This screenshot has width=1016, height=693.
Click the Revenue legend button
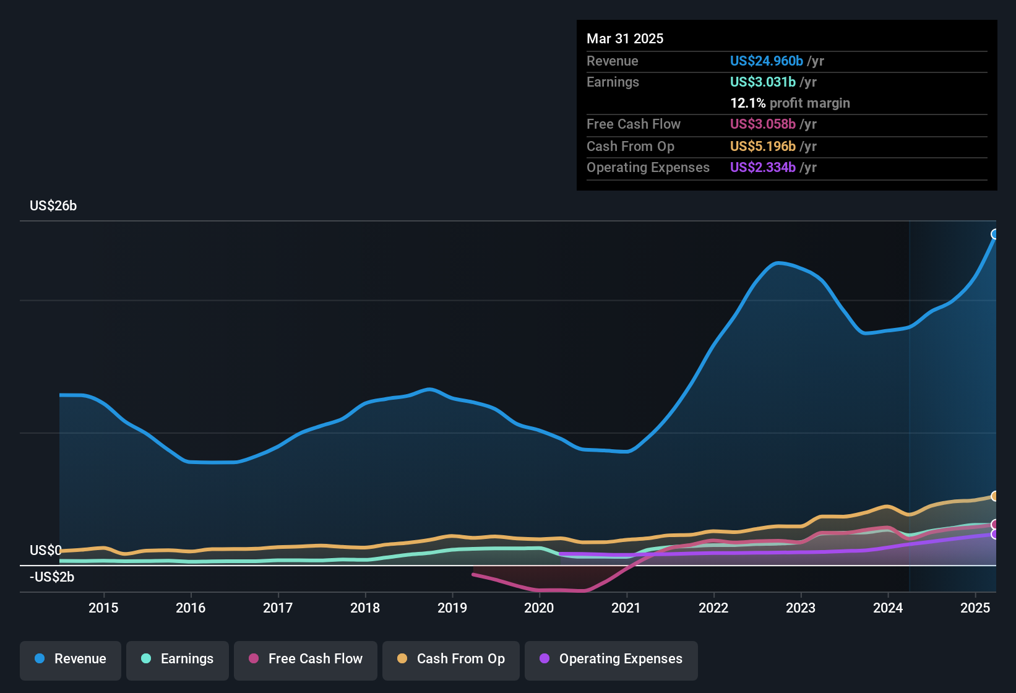coord(71,659)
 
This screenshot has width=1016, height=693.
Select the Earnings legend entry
coord(178,659)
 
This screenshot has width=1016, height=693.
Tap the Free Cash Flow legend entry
coord(306,659)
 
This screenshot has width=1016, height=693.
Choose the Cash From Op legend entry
coord(451,659)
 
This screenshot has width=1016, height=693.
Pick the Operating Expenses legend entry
coord(611,659)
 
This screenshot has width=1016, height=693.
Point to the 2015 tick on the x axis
coord(103,608)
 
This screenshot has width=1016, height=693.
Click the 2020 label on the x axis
coord(539,608)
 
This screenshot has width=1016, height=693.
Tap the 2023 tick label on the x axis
coord(801,608)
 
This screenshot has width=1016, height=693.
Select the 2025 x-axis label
coord(975,608)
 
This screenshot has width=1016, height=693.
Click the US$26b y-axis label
coord(53,206)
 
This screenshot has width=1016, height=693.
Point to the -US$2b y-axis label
coord(52,577)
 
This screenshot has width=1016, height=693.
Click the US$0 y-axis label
coord(46,551)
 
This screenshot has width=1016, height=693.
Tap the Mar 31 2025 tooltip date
coord(625,39)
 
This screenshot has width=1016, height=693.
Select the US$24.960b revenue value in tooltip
coord(766,61)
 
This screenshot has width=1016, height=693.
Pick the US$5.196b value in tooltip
coord(762,147)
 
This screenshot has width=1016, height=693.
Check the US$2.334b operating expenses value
coord(762,168)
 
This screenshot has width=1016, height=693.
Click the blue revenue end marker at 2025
coord(995,234)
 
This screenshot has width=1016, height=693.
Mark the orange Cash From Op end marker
coord(995,496)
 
